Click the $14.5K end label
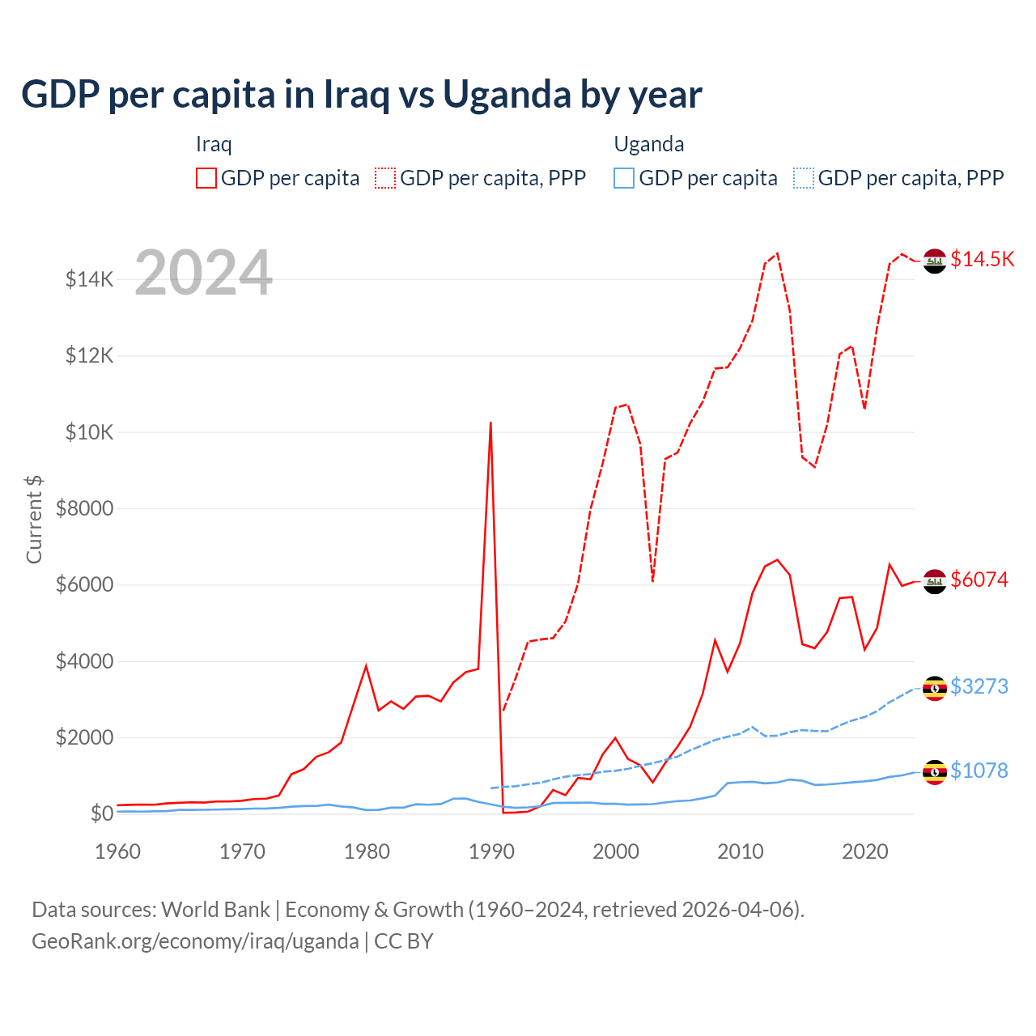point(982,259)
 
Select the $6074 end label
point(979,580)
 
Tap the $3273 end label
point(979,686)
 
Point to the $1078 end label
point(979,771)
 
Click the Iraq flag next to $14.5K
point(935,261)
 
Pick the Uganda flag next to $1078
point(935,772)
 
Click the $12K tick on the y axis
point(90,356)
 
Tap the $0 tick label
point(101,813)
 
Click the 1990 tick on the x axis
point(491,851)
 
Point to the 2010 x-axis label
point(741,851)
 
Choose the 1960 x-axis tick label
point(118,851)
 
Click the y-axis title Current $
point(34,519)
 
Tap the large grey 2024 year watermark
point(203,274)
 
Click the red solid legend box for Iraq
point(206,178)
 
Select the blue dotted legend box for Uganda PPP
point(804,178)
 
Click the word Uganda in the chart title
point(507,95)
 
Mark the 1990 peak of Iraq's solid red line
point(490,422)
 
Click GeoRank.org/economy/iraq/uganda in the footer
point(195,941)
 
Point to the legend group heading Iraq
point(214,144)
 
